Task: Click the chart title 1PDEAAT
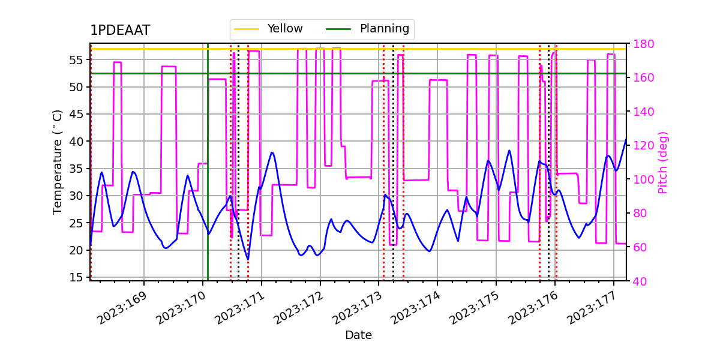coord(120,31)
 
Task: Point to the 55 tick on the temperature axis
coord(77,60)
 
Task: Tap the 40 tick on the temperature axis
coord(77,142)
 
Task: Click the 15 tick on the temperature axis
coord(77,277)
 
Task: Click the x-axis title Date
coord(358,335)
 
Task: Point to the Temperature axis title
coord(58,161)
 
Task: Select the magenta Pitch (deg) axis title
coord(663,162)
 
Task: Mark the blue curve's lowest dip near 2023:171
coord(247,259)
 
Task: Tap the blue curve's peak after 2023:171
coord(272,152)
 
